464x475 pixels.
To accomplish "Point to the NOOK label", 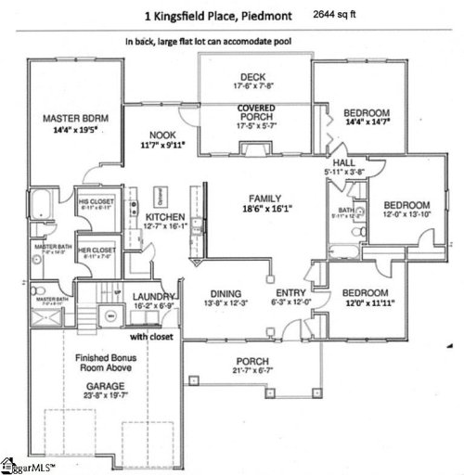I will [163, 135].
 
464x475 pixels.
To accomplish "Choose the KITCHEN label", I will [166, 216].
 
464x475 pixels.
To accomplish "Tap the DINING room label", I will [227, 291].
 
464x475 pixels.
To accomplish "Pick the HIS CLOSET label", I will [96, 201].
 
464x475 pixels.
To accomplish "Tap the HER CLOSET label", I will [96, 250].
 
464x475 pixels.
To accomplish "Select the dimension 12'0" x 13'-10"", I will [406, 214].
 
